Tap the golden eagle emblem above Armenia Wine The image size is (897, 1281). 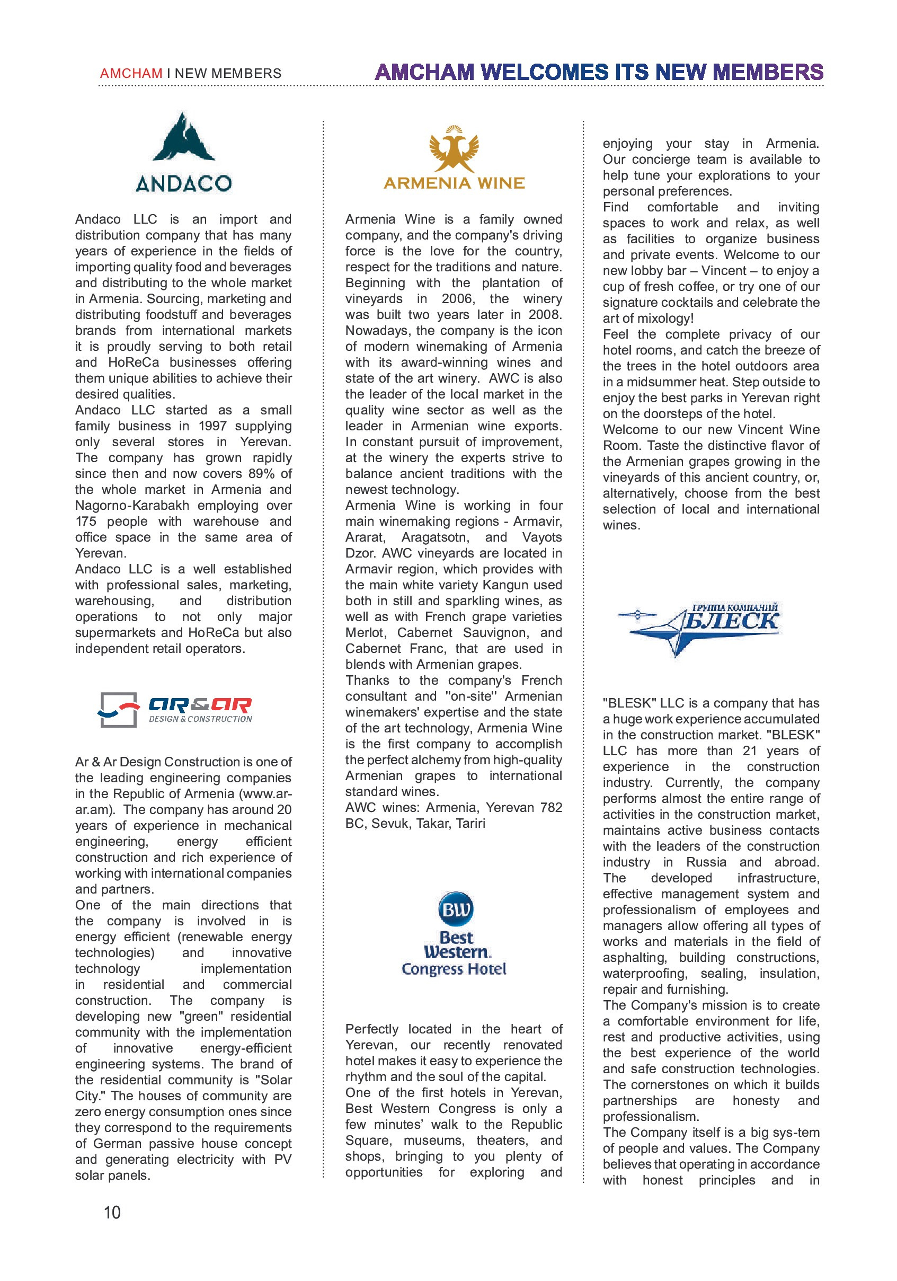click(x=454, y=149)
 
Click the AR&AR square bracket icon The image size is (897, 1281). click(x=118, y=710)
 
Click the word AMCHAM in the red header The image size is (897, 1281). click(x=131, y=74)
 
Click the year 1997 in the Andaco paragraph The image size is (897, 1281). click(x=212, y=426)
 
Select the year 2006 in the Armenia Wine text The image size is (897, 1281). click(x=457, y=299)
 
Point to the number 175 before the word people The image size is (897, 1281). click(x=86, y=522)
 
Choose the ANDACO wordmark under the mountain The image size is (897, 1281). click(x=183, y=183)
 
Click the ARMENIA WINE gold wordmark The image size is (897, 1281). click(x=454, y=183)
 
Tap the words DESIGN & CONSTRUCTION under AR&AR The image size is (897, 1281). click(x=200, y=719)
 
